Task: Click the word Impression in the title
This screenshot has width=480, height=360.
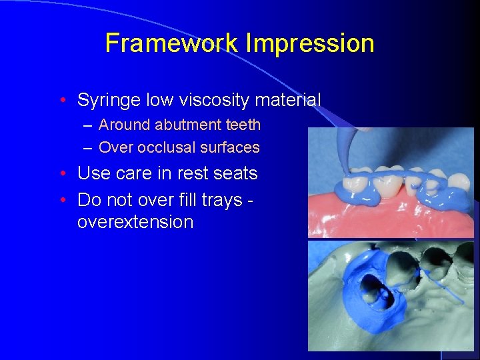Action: [310, 43]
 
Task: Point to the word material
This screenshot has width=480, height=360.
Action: [287, 101]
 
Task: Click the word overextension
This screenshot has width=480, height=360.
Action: [135, 222]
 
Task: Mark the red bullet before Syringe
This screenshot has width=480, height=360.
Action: [62, 101]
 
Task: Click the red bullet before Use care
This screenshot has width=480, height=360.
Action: [62, 174]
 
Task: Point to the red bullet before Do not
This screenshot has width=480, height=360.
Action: [62, 200]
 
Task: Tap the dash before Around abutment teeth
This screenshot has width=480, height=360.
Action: [89, 125]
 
